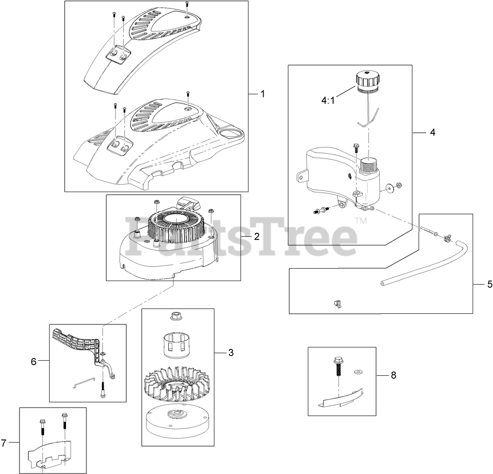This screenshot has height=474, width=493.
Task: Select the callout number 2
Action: [256, 236]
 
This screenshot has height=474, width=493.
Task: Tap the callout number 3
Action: [231, 352]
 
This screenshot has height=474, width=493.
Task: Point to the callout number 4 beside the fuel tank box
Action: [432, 132]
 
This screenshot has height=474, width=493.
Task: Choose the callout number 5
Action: [489, 285]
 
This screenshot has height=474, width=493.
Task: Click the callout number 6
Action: [33, 361]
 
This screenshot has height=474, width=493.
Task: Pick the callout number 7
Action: [4, 443]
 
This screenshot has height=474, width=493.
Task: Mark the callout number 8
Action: [393, 375]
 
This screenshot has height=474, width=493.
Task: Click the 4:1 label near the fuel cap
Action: [329, 100]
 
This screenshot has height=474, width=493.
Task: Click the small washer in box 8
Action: [357, 371]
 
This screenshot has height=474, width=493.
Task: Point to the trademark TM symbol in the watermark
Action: [361, 220]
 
